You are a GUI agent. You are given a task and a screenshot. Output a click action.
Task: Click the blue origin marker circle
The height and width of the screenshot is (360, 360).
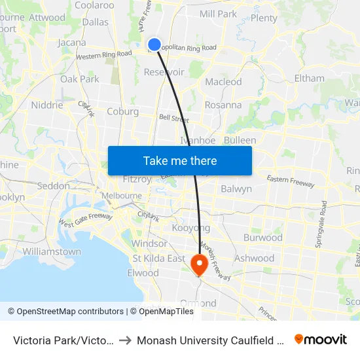(x=154, y=45)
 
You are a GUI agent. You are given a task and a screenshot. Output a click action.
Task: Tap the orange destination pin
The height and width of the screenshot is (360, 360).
(x=198, y=264)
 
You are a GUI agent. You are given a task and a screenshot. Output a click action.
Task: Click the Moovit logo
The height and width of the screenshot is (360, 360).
(x=321, y=339)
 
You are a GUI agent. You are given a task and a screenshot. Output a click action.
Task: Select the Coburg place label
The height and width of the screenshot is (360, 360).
(x=123, y=111)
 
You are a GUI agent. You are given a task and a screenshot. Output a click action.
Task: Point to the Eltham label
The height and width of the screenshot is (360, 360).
(x=309, y=78)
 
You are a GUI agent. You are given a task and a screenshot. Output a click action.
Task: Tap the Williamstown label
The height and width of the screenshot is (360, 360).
(x=52, y=251)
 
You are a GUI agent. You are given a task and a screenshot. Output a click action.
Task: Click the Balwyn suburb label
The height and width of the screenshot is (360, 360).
(x=237, y=189)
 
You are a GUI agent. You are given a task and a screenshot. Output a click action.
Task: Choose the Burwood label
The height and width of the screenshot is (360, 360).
(x=262, y=237)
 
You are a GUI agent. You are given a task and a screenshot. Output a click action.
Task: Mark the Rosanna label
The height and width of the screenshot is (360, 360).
(x=223, y=105)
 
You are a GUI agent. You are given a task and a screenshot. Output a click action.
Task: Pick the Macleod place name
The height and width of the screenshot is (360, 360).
(x=223, y=82)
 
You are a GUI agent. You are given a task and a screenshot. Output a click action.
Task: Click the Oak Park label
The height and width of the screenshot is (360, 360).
(x=80, y=79)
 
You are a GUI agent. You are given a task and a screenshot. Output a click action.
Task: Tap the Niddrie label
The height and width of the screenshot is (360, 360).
(x=46, y=105)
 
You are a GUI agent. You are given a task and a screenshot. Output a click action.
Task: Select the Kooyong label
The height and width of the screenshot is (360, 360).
(x=191, y=228)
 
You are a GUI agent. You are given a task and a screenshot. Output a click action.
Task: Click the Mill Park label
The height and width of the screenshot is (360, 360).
(x=218, y=14)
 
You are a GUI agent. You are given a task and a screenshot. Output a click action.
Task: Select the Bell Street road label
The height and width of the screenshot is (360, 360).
(x=174, y=118)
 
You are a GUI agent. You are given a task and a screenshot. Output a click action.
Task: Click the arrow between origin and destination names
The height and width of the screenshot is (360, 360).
(x=124, y=340)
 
